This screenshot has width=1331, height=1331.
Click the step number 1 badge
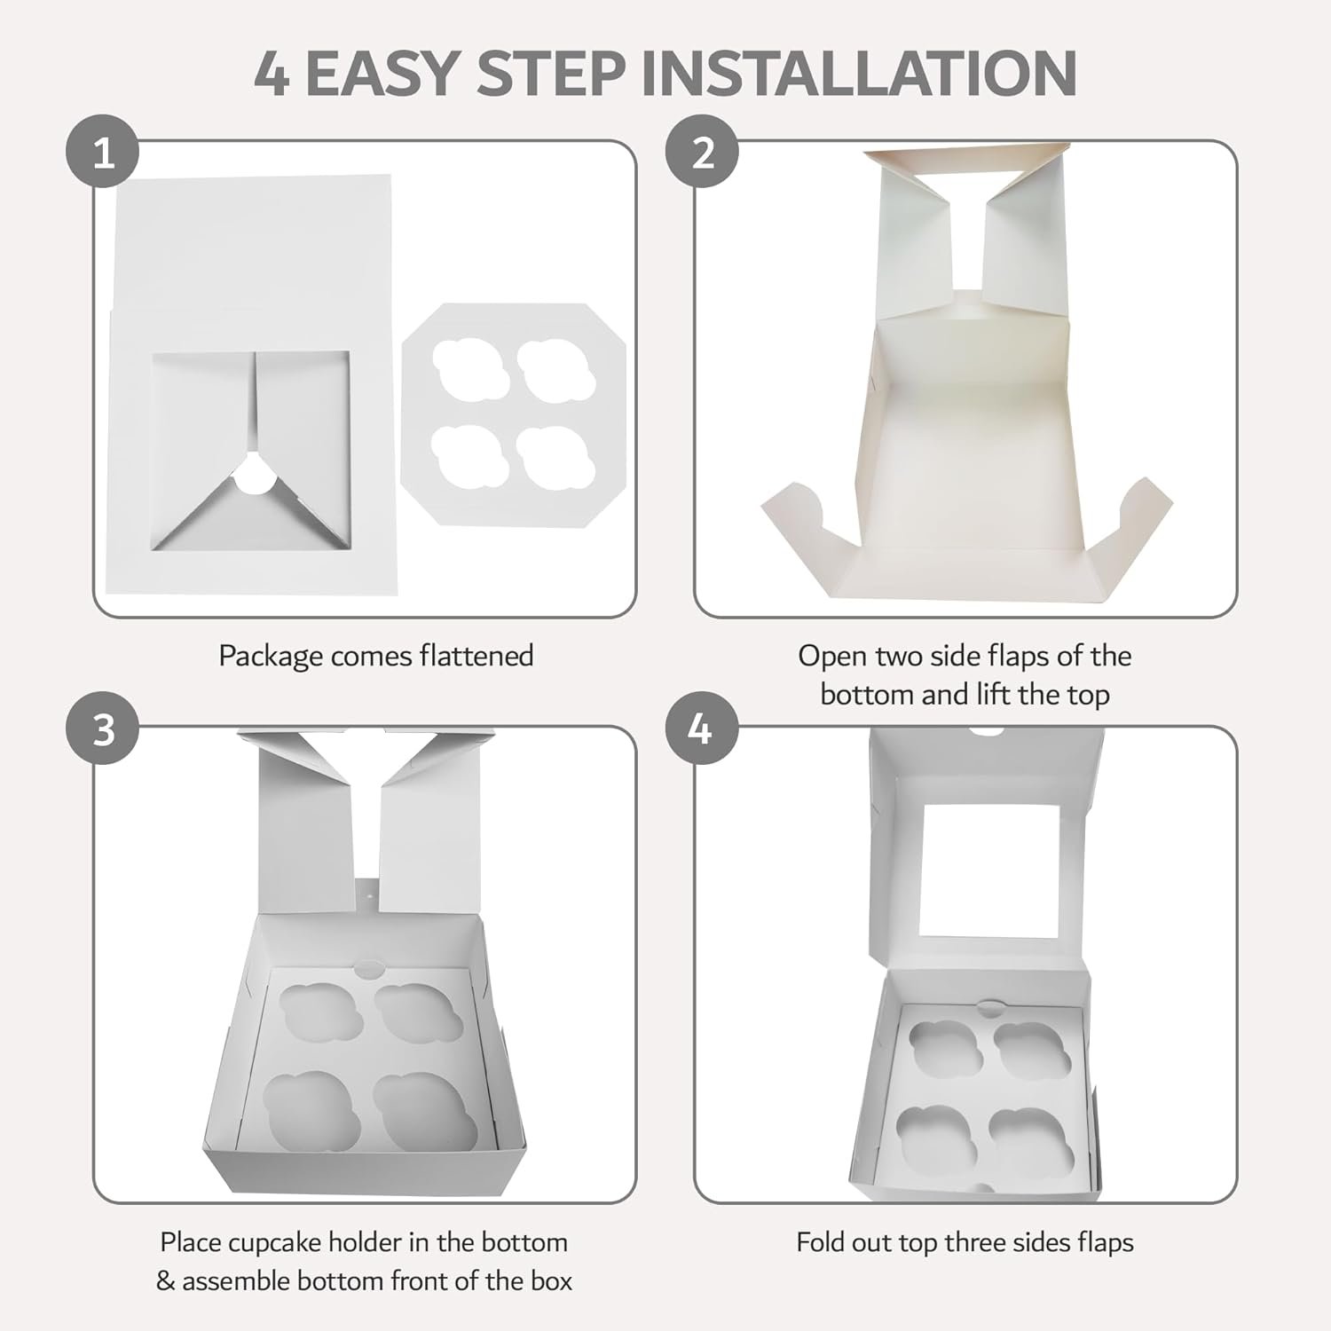[104, 154]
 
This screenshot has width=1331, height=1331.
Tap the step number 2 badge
[703, 154]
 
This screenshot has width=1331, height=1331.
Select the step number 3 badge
[104, 730]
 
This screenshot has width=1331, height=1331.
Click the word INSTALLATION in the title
[858, 73]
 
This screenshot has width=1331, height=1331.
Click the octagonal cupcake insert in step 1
[515, 414]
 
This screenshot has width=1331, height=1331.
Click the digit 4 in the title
[272, 73]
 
